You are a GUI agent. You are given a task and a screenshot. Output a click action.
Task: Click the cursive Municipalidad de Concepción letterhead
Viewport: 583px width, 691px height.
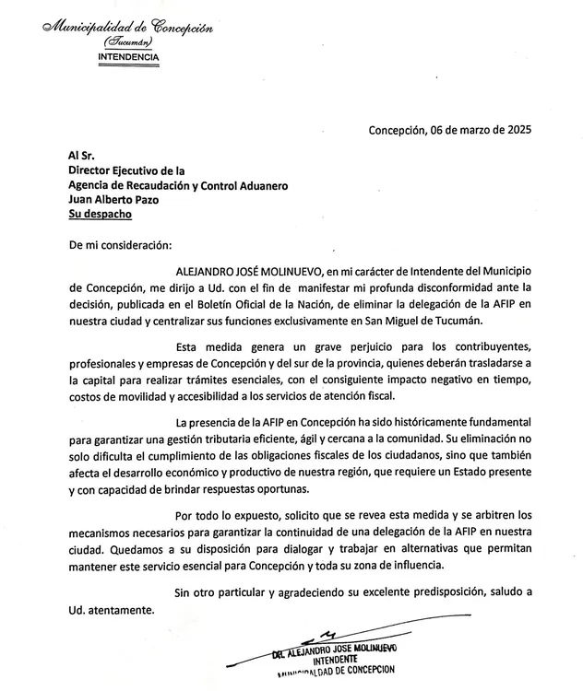click(127, 27)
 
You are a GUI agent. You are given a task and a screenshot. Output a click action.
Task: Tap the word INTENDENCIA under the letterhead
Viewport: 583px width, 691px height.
click(127, 57)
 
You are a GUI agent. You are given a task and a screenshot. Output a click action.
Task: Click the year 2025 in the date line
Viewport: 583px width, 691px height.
click(517, 130)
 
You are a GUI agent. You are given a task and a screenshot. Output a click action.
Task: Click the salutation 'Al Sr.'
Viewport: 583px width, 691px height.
click(82, 157)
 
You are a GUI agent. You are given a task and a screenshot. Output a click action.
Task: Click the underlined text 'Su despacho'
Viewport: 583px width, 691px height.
click(100, 214)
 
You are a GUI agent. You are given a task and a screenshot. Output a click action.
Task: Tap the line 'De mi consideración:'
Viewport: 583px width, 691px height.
click(119, 245)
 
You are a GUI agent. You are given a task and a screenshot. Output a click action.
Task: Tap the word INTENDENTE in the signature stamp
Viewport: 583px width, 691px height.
click(338, 661)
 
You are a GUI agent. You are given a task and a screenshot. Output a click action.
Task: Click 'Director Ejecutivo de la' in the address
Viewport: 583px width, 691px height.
click(127, 170)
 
